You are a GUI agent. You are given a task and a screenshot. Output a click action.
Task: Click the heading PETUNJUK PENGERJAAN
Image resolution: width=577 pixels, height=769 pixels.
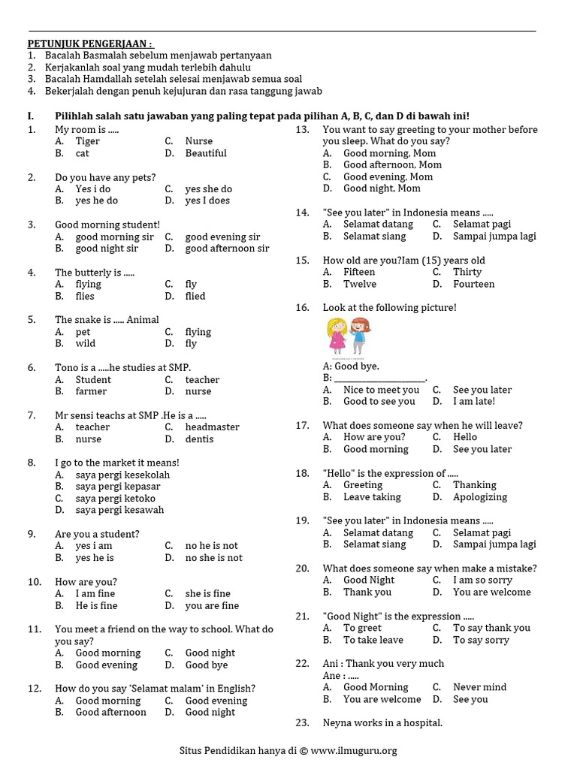[x=90, y=44]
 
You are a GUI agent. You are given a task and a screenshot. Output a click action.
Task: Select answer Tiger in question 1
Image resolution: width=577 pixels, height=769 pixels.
[x=87, y=141]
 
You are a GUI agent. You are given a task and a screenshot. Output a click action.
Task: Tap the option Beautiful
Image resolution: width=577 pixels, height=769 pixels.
[x=206, y=153]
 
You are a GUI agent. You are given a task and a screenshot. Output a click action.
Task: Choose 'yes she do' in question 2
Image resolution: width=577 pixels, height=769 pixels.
[x=208, y=189]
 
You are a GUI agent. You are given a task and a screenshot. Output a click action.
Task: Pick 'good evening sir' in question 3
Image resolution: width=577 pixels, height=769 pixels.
[x=222, y=237]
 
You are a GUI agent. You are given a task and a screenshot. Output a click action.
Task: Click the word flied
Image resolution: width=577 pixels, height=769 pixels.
[x=195, y=296]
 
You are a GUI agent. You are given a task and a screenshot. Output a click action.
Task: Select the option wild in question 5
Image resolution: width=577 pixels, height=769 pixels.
[x=85, y=343]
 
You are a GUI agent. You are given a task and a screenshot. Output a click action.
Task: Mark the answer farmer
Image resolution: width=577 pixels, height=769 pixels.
[x=91, y=391]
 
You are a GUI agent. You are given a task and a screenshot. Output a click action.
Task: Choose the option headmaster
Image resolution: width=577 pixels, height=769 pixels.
[x=212, y=427]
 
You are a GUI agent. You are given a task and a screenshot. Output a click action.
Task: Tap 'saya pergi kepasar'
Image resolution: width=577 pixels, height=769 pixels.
[x=118, y=487]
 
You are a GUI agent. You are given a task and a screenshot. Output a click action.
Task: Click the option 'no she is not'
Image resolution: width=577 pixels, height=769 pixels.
[x=213, y=558]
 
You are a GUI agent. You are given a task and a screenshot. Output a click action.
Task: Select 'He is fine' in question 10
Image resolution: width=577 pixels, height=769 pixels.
[x=96, y=605]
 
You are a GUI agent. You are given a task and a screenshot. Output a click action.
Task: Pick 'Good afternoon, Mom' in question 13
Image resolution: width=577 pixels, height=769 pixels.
[x=392, y=164]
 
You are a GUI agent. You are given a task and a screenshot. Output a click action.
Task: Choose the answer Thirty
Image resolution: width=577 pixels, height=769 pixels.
[x=467, y=272]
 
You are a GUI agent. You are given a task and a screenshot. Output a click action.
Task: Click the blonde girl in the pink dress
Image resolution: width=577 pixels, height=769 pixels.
[x=336, y=336]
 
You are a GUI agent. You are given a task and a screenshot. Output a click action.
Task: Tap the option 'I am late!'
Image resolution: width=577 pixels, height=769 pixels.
[x=474, y=402]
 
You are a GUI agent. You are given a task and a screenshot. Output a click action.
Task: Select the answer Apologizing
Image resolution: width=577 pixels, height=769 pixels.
[x=479, y=497]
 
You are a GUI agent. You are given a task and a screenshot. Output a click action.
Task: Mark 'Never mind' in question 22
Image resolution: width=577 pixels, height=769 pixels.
[x=479, y=687]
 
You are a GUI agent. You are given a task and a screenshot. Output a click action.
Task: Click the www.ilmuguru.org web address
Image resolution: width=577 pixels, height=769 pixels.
[x=353, y=750]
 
